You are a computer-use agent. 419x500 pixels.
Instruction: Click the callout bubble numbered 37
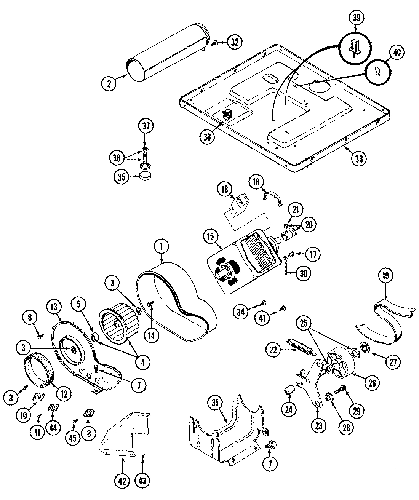(x=146, y=126)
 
